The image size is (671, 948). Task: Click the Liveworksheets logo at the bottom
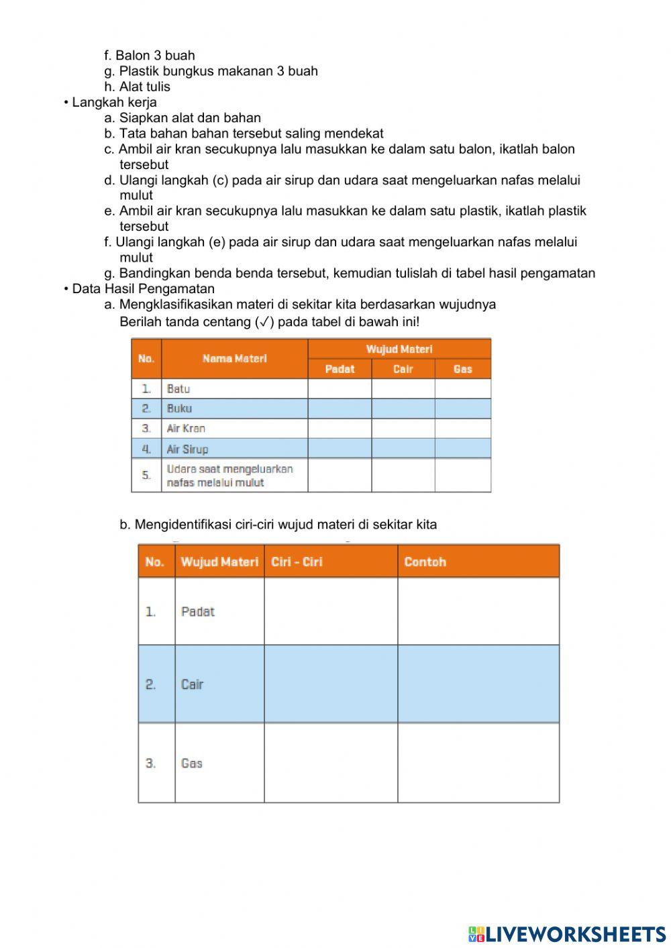point(567,933)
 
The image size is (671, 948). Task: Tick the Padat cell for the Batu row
point(340,388)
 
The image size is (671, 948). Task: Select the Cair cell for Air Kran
point(403,428)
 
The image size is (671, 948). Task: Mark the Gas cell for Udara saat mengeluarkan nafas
point(462,475)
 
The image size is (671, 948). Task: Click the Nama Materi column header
point(234,358)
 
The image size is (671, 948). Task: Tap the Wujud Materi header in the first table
point(399,349)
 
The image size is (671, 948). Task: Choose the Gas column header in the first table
point(462,369)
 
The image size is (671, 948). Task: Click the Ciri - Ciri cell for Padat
point(330,611)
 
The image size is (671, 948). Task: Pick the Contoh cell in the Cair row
point(478,684)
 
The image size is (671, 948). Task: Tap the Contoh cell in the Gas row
point(478,763)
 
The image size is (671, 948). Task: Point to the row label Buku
point(179,408)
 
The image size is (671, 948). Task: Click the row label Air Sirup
point(187,449)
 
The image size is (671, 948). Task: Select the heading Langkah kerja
point(114,102)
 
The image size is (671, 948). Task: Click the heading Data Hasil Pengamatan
point(143,288)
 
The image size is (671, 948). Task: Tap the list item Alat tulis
point(144,87)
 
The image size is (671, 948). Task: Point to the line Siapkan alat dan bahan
point(190,117)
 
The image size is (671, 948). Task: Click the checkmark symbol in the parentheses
point(264,322)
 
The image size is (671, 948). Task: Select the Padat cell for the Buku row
point(340,408)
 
